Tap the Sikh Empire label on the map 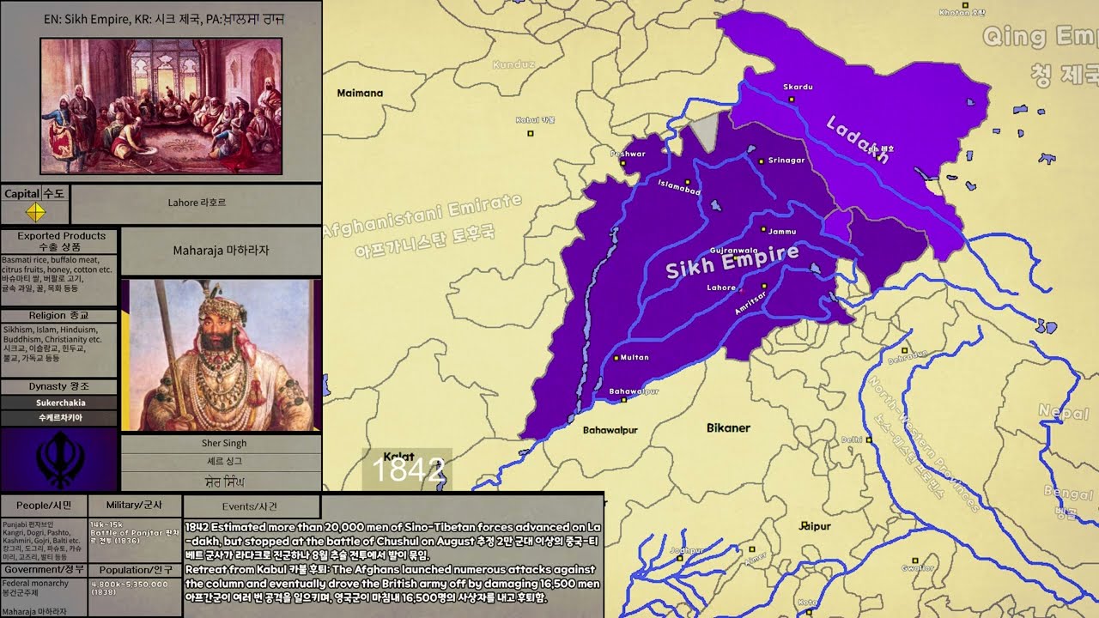click(732, 261)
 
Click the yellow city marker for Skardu click(792, 99)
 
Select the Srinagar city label click(786, 161)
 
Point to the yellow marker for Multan click(616, 357)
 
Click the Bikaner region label click(728, 427)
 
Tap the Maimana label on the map click(360, 93)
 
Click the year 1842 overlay click(408, 470)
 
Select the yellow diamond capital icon click(35, 212)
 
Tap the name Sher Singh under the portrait click(223, 443)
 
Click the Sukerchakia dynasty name click(60, 403)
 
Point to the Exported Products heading click(60, 236)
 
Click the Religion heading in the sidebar click(59, 316)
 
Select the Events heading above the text click(250, 506)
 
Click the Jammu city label click(781, 232)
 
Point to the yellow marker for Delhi click(869, 439)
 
